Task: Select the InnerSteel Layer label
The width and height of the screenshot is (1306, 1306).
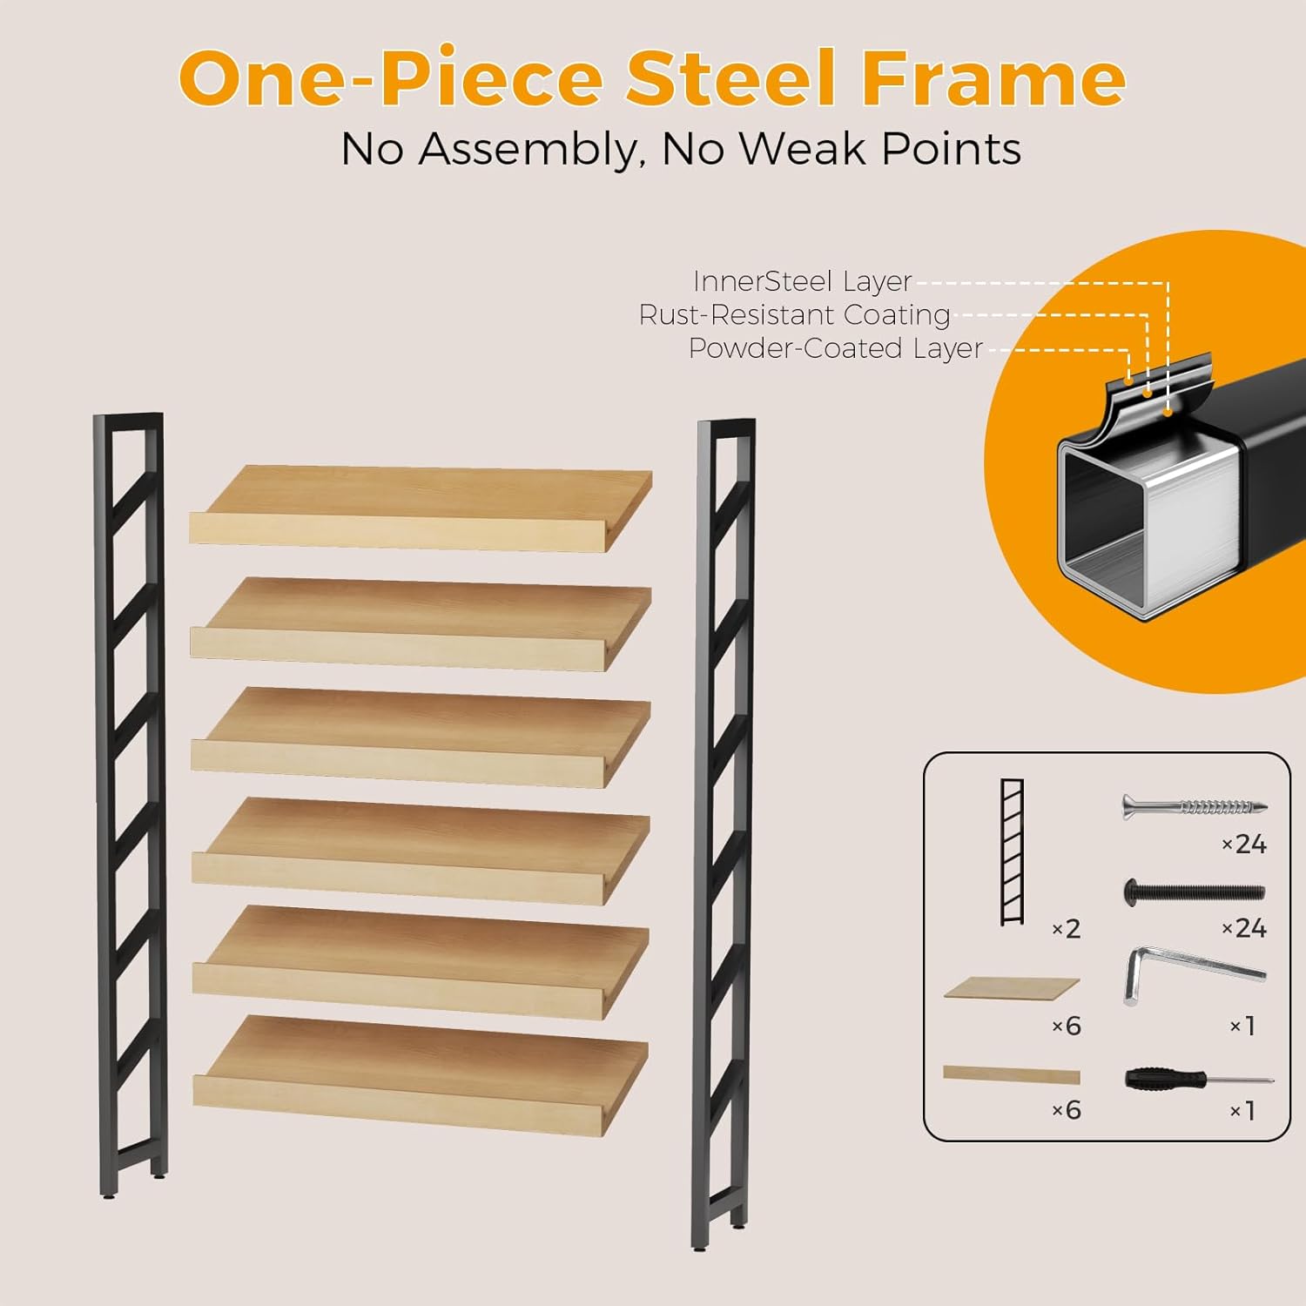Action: coord(802,281)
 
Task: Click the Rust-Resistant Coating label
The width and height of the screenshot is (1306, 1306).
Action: coord(794,314)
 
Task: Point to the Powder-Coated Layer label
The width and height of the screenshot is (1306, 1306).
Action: coord(835,348)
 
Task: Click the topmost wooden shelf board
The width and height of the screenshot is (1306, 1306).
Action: coord(421,508)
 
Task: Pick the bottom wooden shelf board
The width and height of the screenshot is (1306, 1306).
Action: coord(421,1075)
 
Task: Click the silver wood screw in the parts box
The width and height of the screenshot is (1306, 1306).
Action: coord(1194,807)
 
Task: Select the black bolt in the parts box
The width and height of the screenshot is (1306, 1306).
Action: coord(1194,892)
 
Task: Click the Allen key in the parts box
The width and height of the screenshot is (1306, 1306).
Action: coord(1193,973)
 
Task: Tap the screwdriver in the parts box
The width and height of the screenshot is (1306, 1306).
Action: coord(1198,1080)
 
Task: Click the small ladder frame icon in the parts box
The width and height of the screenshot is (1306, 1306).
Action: coord(1012,852)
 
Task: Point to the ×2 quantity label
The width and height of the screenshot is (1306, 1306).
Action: coord(1067,929)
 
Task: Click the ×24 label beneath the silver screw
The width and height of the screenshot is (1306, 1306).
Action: coord(1244,844)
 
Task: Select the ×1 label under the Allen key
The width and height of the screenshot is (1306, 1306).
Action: coord(1242,1027)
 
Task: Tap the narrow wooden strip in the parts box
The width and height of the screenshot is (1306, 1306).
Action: coord(1012,1075)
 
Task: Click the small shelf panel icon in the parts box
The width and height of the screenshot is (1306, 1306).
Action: coord(1012,988)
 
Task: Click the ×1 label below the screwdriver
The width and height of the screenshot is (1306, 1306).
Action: coord(1242,1111)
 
